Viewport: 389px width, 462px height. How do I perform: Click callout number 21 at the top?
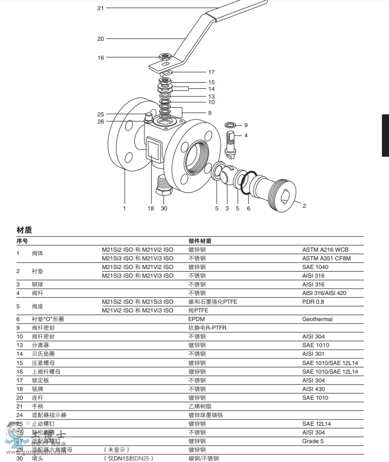click(x=101, y=8)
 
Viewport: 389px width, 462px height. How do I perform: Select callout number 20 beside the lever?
click(x=101, y=39)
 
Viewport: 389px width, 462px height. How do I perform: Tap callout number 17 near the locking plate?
click(x=211, y=72)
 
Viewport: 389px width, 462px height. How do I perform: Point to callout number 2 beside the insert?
click(x=304, y=206)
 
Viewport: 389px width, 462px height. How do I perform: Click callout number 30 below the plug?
click(x=164, y=208)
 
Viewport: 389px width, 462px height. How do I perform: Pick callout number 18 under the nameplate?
click(x=151, y=208)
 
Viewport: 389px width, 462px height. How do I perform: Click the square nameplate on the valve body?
click(x=153, y=150)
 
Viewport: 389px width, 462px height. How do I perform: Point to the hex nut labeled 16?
click(x=164, y=57)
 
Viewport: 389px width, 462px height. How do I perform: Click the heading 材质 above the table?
click(x=24, y=230)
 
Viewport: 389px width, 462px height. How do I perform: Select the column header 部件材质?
click(x=200, y=241)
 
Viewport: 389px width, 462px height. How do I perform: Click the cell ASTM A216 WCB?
click(x=325, y=250)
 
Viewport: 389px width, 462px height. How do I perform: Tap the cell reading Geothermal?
click(x=317, y=319)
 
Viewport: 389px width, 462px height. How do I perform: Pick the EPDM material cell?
click(x=197, y=319)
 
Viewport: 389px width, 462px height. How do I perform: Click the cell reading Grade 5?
click(x=313, y=441)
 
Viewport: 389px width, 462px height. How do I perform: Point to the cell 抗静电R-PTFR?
click(x=207, y=328)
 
